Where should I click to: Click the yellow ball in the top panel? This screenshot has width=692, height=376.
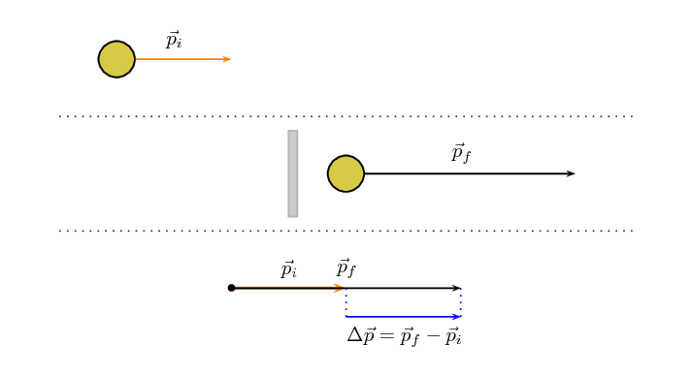(116, 59)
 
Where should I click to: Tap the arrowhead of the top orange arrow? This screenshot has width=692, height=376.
(227, 59)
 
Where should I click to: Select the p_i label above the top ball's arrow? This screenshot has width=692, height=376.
(174, 41)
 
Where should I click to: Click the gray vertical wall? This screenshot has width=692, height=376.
(293, 173)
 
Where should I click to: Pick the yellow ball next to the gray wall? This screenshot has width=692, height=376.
(346, 173)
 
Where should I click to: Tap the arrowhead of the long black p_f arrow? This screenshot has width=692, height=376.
(571, 173)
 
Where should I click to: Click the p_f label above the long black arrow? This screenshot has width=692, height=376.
(461, 153)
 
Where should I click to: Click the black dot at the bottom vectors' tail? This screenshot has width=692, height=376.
(231, 288)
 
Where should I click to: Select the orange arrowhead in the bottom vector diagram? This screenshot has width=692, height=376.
(340, 288)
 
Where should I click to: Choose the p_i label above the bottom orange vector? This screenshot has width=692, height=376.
(288, 269)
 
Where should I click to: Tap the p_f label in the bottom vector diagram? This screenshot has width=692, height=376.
(346, 268)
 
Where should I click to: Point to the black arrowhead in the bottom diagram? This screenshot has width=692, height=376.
(455, 288)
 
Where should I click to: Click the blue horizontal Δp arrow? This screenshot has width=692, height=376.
(403, 317)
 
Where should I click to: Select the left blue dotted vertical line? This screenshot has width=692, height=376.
(346, 302)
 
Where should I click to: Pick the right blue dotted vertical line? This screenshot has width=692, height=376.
(461, 302)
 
